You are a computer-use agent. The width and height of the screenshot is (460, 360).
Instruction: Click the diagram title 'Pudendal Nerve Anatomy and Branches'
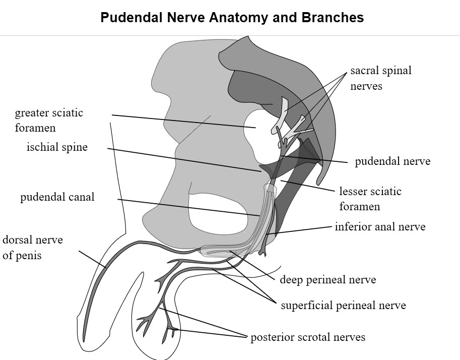[x=232, y=17]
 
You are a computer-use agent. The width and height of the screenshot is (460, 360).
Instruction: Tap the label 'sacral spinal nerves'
[x=381, y=78]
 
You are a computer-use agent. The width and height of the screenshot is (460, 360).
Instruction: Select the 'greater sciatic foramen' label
[x=49, y=120]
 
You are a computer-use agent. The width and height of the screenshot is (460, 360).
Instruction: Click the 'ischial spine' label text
[x=57, y=147]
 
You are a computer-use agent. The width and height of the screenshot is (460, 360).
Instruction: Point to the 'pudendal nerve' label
[x=392, y=161]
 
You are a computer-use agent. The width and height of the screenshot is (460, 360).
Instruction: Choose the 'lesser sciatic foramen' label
[x=370, y=199]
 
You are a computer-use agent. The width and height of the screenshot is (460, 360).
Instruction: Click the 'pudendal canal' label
[x=57, y=197]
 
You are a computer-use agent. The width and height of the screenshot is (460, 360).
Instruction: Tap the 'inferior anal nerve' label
[x=380, y=227]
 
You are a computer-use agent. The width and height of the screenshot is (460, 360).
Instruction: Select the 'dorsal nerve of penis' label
[x=33, y=248]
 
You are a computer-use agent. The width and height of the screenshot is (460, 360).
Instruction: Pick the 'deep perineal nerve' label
[x=328, y=279]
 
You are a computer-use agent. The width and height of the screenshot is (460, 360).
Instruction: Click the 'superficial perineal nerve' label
[x=344, y=306]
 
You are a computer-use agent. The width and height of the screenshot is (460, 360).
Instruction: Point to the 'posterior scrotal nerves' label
[x=308, y=337]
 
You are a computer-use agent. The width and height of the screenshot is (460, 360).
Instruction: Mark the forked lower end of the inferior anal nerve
[x=263, y=252]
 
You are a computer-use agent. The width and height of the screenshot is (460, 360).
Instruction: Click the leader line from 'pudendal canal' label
[x=189, y=208]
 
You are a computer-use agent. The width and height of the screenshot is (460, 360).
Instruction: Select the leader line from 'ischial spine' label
[x=184, y=160]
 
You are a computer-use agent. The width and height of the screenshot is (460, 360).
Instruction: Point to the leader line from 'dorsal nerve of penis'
[x=92, y=259]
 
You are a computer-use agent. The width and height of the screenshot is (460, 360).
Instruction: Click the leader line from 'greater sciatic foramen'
[x=184, y=122]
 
